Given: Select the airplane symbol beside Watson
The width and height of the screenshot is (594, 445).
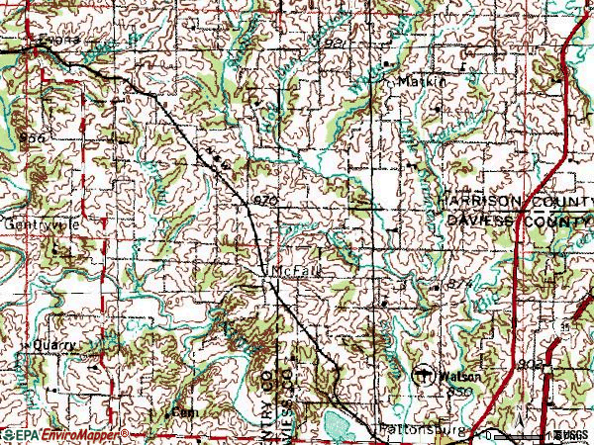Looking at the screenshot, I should point(423,376).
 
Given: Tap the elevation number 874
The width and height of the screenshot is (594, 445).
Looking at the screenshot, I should point(457,283).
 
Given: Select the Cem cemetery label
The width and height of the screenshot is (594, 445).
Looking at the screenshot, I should point(183,410).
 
